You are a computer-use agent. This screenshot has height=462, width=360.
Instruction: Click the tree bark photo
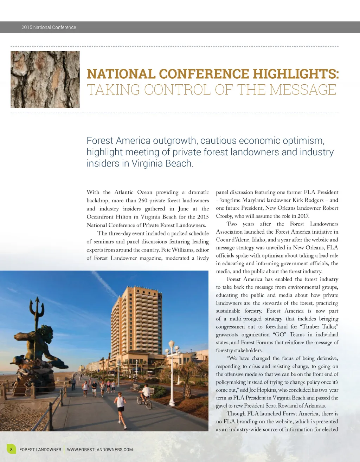click(x=45, y=79)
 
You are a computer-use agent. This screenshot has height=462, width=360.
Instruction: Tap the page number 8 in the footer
click(x=11, y=449)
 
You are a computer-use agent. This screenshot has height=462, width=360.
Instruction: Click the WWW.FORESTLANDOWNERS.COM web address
click(x=100, y=449)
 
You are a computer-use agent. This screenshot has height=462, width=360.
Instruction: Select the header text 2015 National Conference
click(x=49, y=27)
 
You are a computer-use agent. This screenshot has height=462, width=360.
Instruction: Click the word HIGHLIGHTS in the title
click(x=296, y=74)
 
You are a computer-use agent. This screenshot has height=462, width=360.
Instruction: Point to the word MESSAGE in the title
click(x=303, y=90)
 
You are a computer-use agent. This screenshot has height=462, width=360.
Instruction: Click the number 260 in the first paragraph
click(x=142, y=201)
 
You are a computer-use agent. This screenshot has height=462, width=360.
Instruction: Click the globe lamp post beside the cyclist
click(x=172, y=372)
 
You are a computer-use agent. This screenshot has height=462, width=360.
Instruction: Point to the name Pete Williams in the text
click(x=177, y=250)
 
